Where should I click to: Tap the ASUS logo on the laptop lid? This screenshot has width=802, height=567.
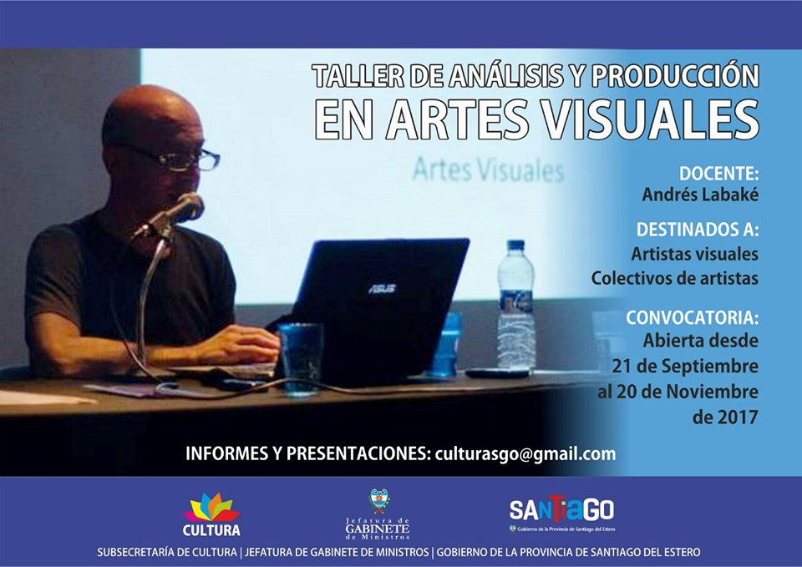click(x=382, y=289)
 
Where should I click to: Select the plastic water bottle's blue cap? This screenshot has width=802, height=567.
click(x=515, y=245)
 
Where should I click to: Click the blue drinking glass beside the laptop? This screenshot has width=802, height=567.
click(x=301, y=358)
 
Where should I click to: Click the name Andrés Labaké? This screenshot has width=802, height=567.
click(x=700, y=195)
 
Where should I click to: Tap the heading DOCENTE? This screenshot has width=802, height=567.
click(x=718, y=174)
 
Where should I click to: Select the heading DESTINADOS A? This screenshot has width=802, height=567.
click(x=697, y=230)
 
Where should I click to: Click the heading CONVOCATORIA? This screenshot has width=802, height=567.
click(x=692, y=317)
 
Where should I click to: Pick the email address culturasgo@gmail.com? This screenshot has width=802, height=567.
click(x=525, y=454)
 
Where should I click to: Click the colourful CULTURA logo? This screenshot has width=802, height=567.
click(x=211, y=514)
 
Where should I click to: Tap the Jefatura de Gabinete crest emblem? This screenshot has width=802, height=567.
click(x=379, y=500)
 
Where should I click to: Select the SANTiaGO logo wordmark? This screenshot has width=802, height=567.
click(x=561, y=509)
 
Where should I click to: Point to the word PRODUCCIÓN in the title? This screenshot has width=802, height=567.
click(x=675, y=76)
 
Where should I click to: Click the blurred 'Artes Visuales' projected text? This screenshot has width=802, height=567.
click(x=488, y=170)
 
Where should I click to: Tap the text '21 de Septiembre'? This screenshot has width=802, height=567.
click(x=685, y=366)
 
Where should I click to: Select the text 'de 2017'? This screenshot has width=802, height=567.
click(x=725, y=418)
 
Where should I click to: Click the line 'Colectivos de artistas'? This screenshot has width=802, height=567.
click(x=675, y=278)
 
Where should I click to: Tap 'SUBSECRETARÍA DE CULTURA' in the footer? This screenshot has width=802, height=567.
click(x=167, y=552)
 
